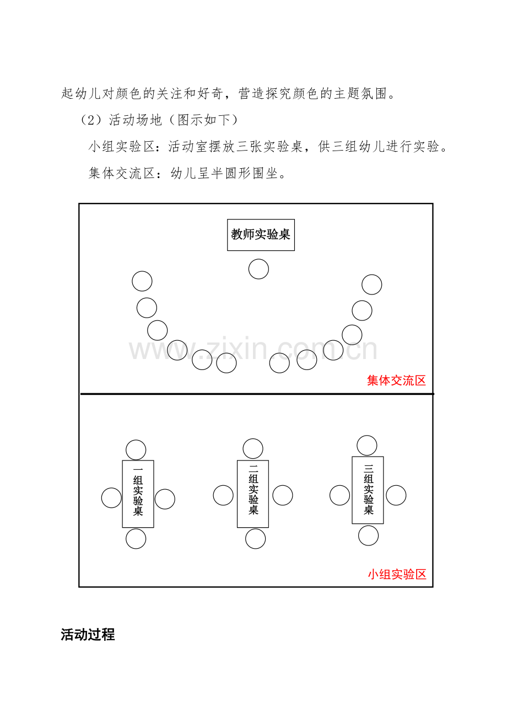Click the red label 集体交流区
396,381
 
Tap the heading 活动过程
88,634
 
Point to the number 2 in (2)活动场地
92,120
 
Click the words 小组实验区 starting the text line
122,147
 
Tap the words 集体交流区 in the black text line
122,173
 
